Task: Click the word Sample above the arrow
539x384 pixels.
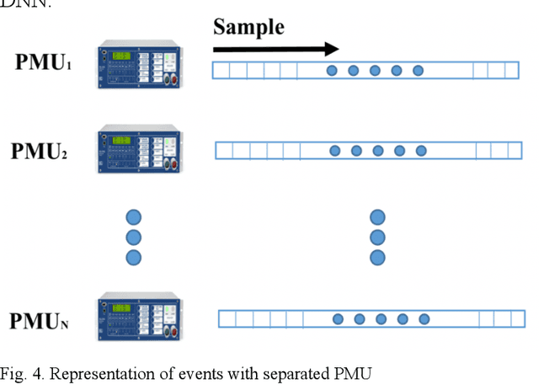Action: click(x=248, y=26)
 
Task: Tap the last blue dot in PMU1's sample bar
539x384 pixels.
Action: click(x=418, y=71)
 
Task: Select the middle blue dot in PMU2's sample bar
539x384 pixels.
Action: click(x=378, y=151)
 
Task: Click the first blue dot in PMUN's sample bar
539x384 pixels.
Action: click(x=338, y=319)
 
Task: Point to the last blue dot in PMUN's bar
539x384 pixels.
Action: click(x=424, y=319)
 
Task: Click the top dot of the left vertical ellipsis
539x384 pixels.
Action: click(x=133, y=216)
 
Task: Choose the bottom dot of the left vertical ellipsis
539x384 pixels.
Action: click(x=133, y=257)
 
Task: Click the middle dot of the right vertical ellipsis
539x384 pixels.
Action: click(x=378, y=237)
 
